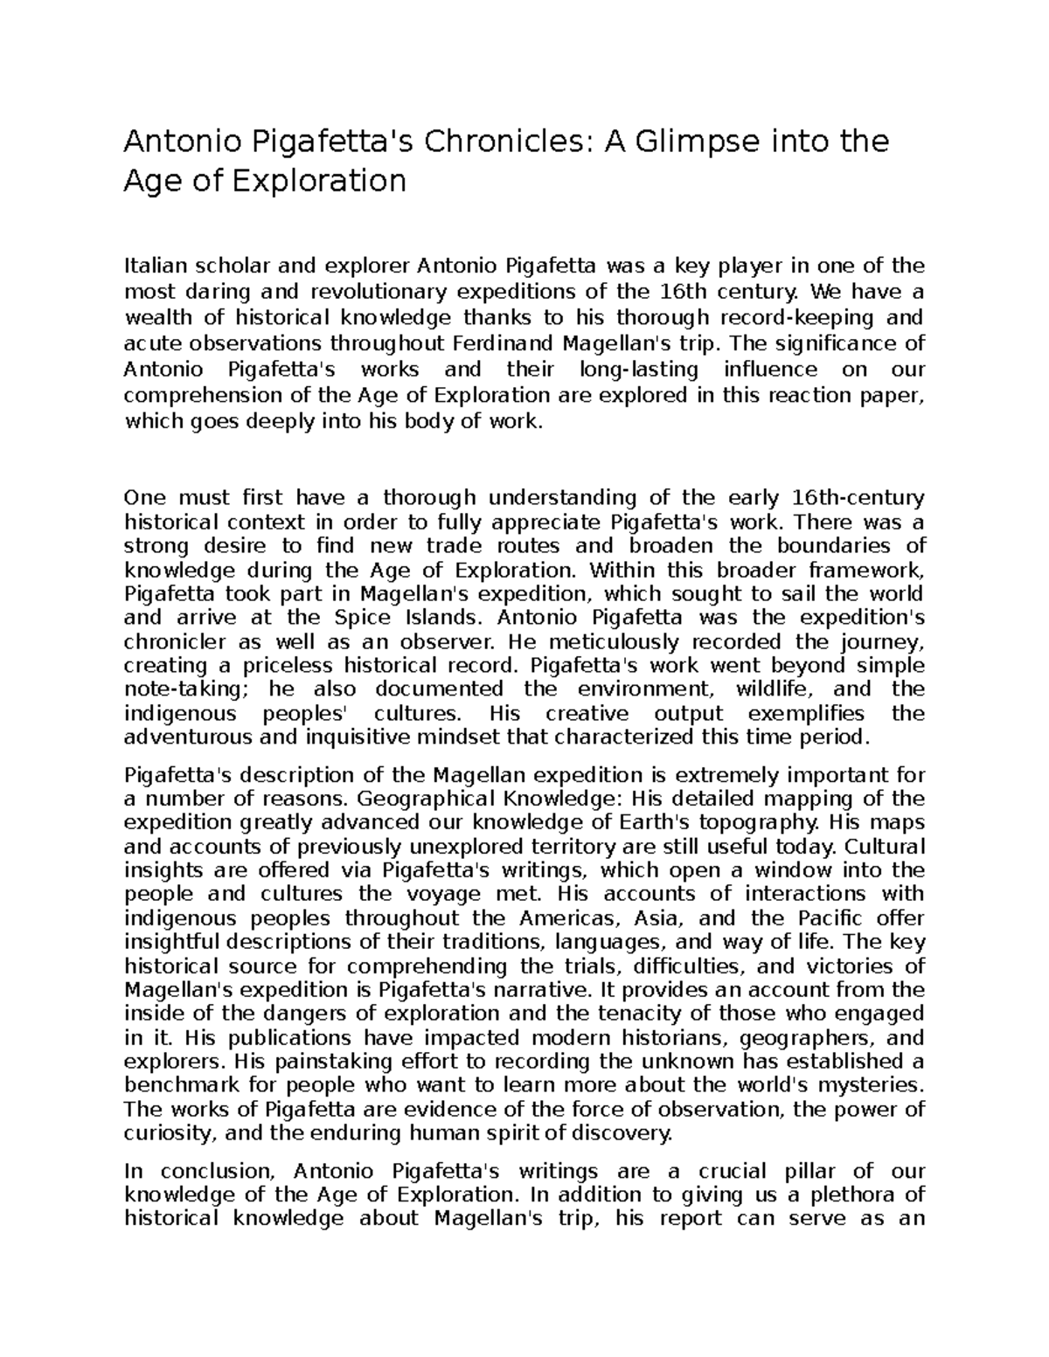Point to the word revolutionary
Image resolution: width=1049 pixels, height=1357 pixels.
point(379,291)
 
